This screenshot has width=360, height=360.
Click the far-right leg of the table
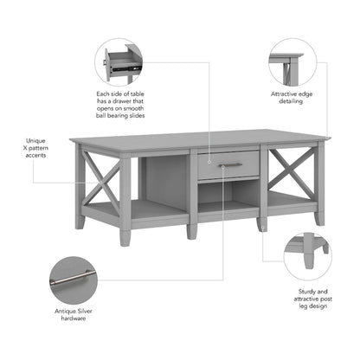319,213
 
